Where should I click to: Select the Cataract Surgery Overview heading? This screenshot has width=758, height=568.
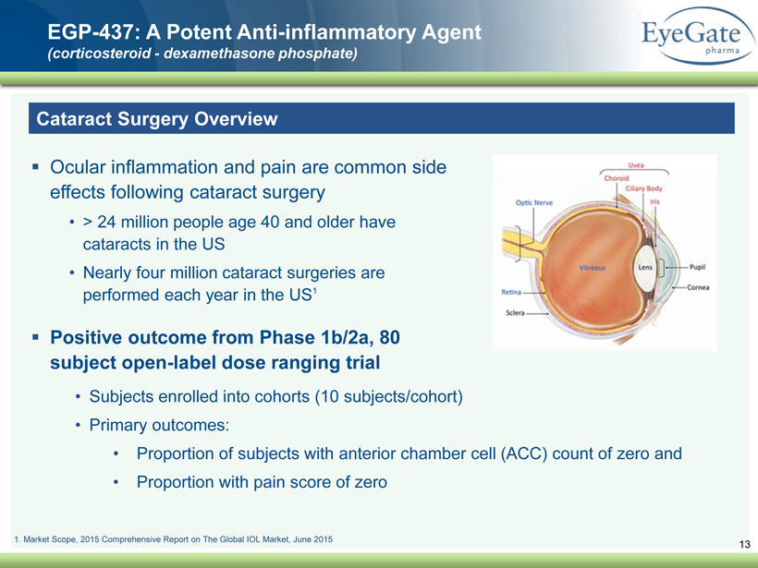pyautogui.click(x=157, y=119)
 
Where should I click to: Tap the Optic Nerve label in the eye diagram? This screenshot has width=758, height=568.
pyautogui.click(x=534, y=203)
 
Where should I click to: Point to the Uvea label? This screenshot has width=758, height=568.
pyautogui.click(x=636, y=165)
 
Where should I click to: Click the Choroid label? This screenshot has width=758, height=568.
pyautogui.click(x=617, y=178)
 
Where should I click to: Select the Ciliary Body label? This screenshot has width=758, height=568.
pyautogui.click(x=644, y=188)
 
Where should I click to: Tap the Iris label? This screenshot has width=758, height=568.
pyautogui.click(x=655, y=201)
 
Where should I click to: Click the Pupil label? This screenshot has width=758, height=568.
pyautogui.click(x=698, y=267)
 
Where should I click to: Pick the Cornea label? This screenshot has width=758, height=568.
pyautogui.click(x=698, y=287)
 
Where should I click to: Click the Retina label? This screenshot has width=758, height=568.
pyautogui.click(x=511, y=292)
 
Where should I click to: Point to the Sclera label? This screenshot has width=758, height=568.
pyautogui.click(x=515, y=313)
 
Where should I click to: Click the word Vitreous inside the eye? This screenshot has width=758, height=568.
pyautogui.click(x=593, y=268)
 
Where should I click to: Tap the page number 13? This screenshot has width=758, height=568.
pyautogui.click(x=744, y=544)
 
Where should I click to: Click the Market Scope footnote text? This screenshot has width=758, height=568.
pyautogui.click(x=174, y=539)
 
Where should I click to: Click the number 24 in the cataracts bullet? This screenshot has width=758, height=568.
pyautogui.click(x=106, y=222)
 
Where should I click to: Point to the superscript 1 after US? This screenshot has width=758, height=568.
pyautogui.click(x=314, y=291)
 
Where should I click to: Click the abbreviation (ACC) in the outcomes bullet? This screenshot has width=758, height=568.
pyautogui.click(x=524, y=454)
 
